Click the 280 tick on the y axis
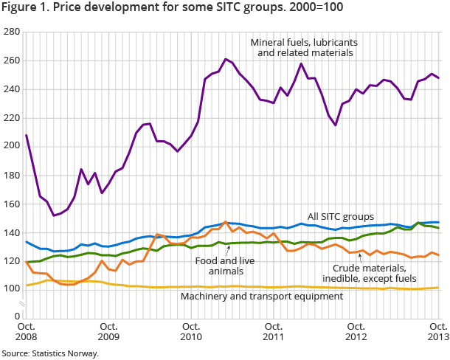click(x=11, y=33)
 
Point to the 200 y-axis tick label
click(x=11, y=145)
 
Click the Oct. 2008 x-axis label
click(x=27, y=331)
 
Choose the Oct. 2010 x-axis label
click(x=191, y=331)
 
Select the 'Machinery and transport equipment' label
click(x=263, y=296)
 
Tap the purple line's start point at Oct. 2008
click(x=27, y=135)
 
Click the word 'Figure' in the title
click(x=18, y=8)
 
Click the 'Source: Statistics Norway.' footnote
click(x=50, y=353)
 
